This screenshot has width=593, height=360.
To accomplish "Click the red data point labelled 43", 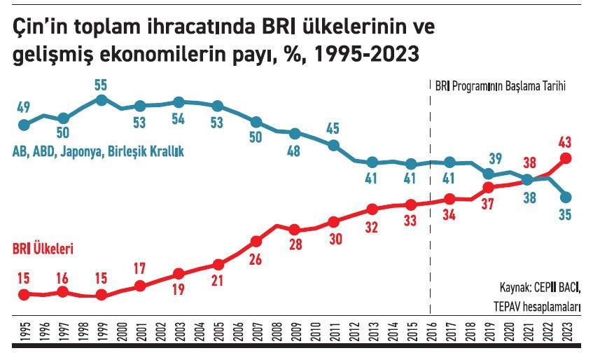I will coord(566,158).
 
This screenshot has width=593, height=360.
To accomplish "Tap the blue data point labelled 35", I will coord(566,198).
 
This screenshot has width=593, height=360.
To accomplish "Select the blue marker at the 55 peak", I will coord(102,100).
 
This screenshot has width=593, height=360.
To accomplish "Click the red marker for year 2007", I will coord(256,241).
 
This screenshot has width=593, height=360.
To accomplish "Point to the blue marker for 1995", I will coord(24,125).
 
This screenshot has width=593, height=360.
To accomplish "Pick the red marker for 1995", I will coord(24,294).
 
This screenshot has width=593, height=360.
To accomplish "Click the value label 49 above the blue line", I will coord(24,107).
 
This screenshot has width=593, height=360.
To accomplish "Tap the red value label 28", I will coord(295,246).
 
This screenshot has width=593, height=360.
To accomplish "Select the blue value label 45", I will coord(333,128).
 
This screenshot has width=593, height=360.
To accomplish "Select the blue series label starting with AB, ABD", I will coord(98,151).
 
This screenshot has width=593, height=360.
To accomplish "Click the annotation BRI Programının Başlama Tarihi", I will coord(500,85).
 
